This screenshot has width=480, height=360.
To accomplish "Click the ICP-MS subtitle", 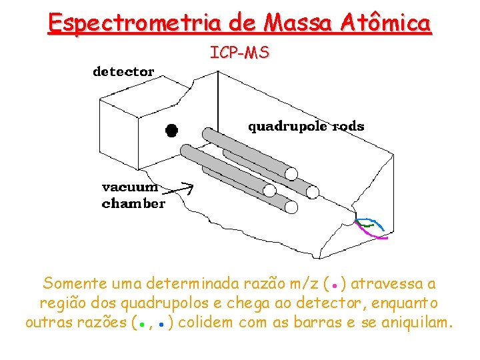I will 240,52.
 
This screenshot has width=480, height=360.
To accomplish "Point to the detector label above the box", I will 123,71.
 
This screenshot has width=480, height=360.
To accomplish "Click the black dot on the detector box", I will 171,130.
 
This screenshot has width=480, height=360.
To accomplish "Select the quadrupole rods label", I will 306,126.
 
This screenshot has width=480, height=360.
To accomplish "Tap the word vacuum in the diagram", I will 130,187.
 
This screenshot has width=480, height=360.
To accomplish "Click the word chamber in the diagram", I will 133,203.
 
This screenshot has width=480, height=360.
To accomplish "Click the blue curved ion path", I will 371,221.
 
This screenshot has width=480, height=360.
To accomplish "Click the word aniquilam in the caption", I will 417,323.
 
